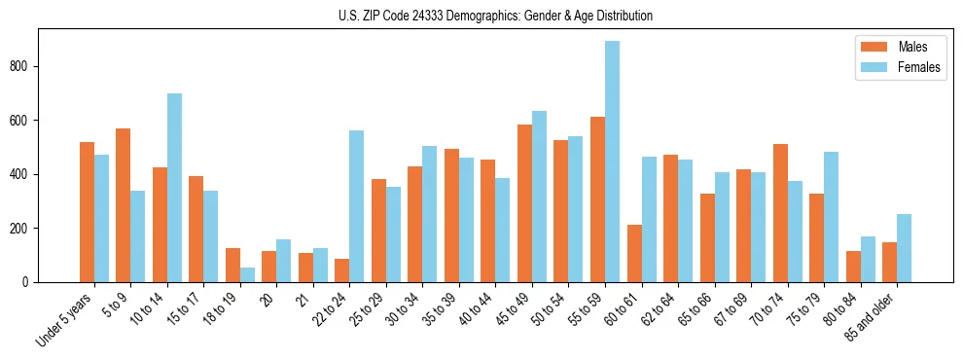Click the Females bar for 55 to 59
click(613, 162)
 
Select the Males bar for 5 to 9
click(124, 205)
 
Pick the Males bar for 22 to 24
click(342, 270)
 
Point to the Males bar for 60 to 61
click(634, 253)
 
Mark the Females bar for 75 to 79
click(832, 217)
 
